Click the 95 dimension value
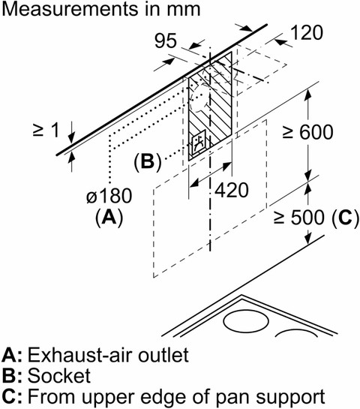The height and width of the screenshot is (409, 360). (x=166, y=41)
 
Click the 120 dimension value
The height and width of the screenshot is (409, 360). (x=307, y=33)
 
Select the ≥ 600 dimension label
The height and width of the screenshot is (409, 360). (x=307, y=132)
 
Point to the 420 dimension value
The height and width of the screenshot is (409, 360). (x=232, y=190)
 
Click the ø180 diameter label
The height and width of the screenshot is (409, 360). (x=109, y=196)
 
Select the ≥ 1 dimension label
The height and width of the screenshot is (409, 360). (x=46, y=130)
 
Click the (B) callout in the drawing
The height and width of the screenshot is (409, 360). (x=148, y=161)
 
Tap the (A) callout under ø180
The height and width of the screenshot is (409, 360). (x=109, y=218)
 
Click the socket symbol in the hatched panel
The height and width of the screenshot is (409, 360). (x=199, y=143)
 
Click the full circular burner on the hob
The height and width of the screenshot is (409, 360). (x=246, y=321)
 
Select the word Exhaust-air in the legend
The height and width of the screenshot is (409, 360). (x=80, y=355)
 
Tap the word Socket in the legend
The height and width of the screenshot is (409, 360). (x=59, y=376)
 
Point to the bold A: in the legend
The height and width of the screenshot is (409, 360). (x=12, y=355)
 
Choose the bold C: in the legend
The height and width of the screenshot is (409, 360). (x=12, y=396)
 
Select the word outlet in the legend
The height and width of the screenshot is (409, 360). (x=163, y=355)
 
